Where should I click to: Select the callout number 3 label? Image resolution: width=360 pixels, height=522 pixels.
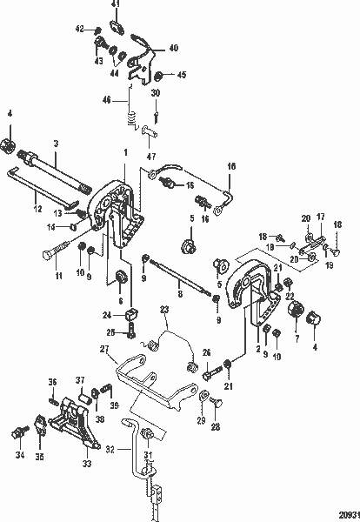pos(56,142)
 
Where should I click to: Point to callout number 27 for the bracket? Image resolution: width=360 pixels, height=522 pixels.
pos(103,349)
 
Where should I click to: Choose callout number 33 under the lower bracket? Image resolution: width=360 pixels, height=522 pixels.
pos(86,464)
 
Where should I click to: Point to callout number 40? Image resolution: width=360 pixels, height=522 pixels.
pos(172,48)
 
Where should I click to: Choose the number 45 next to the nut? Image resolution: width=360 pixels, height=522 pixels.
pos(183,76)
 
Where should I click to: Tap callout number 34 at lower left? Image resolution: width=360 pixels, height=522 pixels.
pos(18,453)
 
